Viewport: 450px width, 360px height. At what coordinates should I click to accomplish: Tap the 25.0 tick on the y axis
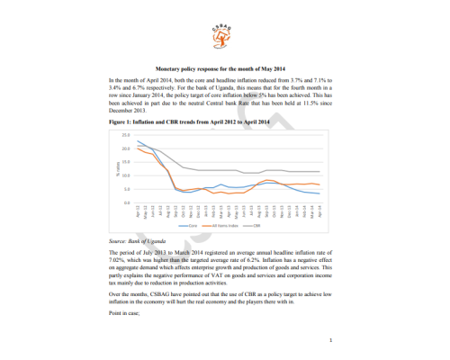coord(125,134)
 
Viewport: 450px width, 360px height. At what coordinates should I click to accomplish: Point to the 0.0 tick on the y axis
coord(125,203)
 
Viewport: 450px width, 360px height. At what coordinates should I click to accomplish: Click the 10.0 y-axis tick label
coord(125,175)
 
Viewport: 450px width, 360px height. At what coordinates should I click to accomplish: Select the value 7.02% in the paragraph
coord(118,261)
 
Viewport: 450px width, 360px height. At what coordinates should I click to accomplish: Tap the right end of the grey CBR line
coord(320,171)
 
